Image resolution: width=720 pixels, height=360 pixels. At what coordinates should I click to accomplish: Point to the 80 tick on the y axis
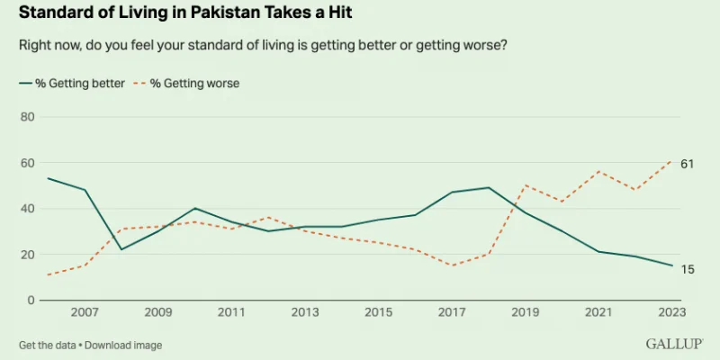click(x=27, y=117)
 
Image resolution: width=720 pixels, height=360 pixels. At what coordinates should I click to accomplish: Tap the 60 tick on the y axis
click(x=27, y=163)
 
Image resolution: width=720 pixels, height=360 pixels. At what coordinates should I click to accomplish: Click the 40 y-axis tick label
click(x=27, y=209)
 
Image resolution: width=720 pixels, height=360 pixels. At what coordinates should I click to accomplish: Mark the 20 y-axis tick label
click(x=27, y=255)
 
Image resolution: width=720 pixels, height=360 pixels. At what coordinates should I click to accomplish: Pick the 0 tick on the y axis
click(x=31, y=300)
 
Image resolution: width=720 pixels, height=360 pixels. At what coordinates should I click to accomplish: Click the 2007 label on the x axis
click(x=85, y=313)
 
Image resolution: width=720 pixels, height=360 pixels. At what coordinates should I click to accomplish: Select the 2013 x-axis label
click(x=304, y=313)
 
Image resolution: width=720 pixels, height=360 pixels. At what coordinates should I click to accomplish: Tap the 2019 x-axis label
click(x=524, y=313)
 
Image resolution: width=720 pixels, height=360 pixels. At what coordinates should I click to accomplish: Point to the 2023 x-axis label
click(x=670, y=313)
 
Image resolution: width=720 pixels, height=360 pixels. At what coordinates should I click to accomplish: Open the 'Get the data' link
click(x=47, y=345)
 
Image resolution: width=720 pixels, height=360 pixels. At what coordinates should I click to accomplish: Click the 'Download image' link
click(x=125, y=345)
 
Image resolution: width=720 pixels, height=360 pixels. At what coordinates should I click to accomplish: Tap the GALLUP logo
click(x=674, y=345)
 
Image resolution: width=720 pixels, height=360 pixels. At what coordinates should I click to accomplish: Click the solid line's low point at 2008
click(x=121, y=249)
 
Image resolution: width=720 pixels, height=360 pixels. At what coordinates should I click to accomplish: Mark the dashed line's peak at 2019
click(x=525, y=185)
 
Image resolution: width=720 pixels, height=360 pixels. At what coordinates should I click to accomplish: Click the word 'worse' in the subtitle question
click(x=487, y=45)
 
